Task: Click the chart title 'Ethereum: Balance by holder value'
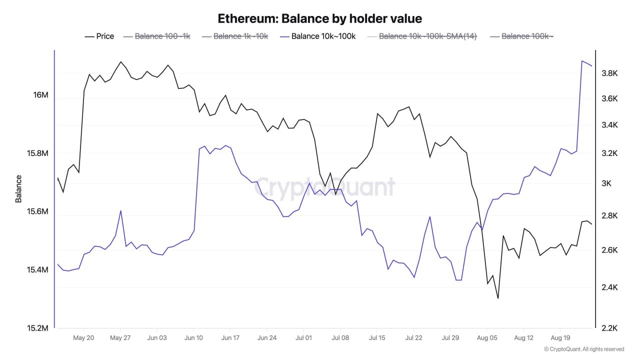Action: pyautogui.click(x=320, y=18)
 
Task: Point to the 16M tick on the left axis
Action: pyautogui.click(x=37, y=95)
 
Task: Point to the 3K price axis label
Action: pyautogui.click(x=606, y=183)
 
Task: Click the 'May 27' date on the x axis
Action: pyautogui.click(x=120, y=338)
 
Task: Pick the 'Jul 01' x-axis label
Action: pyautogui.click(x=303, y=338)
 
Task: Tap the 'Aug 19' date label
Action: pyautogui.click(x=560, y=338)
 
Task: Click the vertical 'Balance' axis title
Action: pyautogui.click(x=18, y=188)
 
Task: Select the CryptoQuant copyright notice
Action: pyautogui.click(x=583, y=349)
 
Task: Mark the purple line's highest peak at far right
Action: pyautogui.click(x=582, y=61)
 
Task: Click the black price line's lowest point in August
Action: pyautogui.click(x=498, y=298)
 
